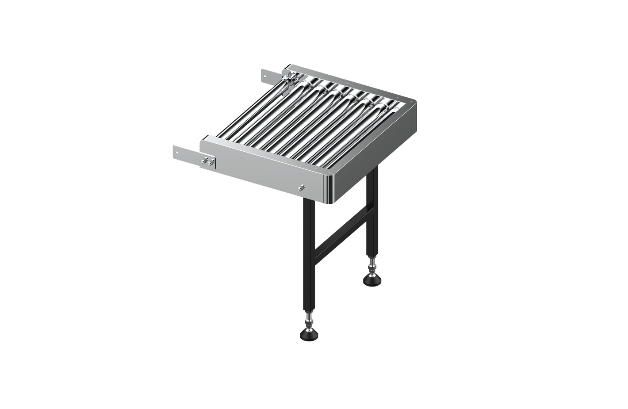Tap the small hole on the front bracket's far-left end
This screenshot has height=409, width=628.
[x=176, y=153]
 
